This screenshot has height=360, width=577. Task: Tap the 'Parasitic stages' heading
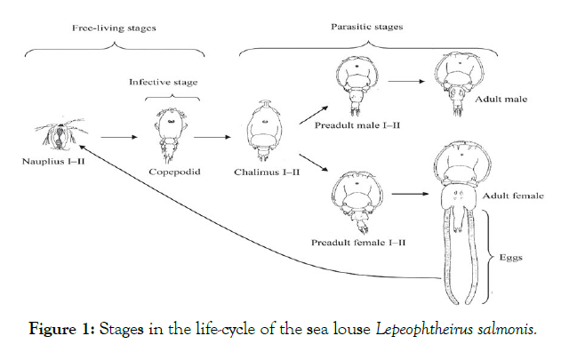pos(366,27)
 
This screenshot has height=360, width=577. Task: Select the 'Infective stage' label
pos(164,82)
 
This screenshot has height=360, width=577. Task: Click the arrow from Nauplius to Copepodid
pos(119,138)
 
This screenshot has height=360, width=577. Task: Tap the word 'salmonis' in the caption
pos(504,329)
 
